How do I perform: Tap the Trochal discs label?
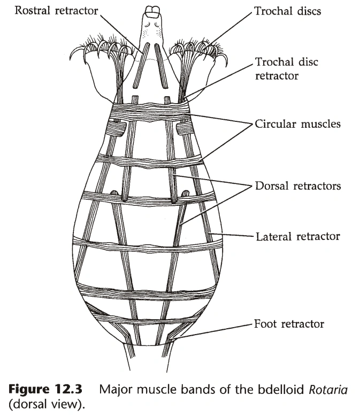click(288, 11)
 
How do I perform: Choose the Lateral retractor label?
click(297, 236)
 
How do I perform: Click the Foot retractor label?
click(289, 323)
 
